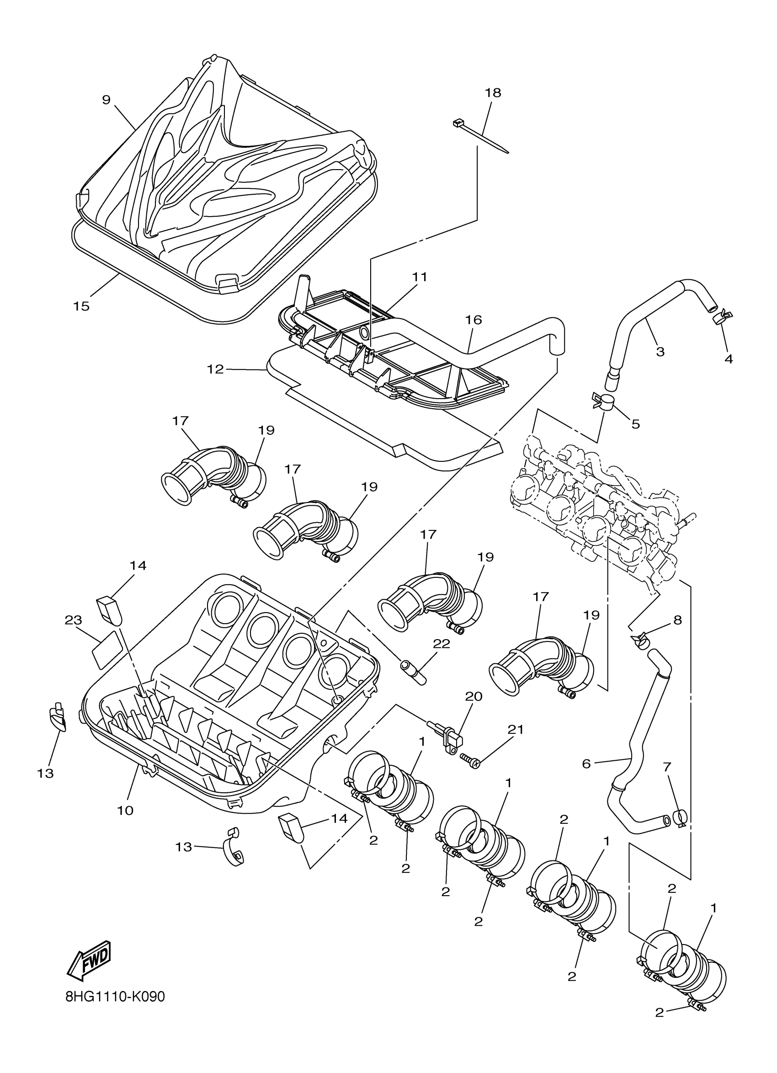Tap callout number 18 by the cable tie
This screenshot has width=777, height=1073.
coord(493,93)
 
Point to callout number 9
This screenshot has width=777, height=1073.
coord(106,100)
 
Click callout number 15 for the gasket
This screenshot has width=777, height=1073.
coord(81,306)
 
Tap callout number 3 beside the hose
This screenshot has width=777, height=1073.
coord(660,352)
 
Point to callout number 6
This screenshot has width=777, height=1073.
coord(586,763)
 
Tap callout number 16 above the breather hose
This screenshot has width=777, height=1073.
coord(474,320)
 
